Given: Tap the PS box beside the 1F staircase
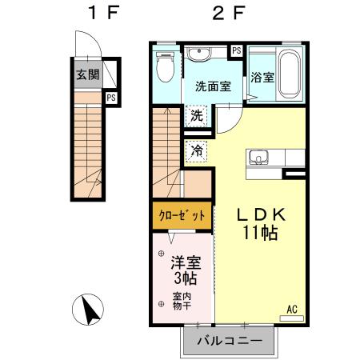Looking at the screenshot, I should tap(111, 98).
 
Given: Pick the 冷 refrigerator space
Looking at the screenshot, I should tap(197, 150).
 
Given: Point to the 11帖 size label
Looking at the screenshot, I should tap(260, 233).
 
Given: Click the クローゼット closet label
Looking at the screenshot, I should tap(183, 214).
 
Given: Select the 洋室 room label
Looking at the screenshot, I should tap(183, 261).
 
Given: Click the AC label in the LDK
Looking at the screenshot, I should tap(292, 307).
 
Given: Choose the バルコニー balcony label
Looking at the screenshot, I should tap(230, 342).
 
